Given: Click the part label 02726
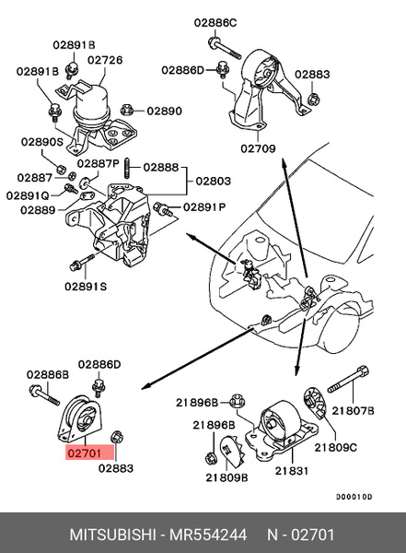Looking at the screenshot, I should (x=105, y=60).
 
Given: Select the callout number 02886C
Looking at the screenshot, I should (x=215, y=21).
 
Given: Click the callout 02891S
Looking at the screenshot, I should (x=85, y=287).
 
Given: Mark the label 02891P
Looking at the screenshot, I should (x=203, y=207).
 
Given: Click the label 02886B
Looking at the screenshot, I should (x=47, y=374).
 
